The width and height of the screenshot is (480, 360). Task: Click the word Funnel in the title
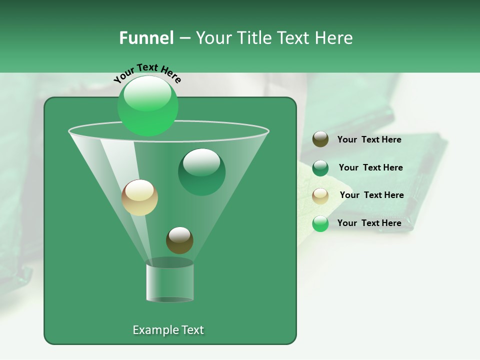(146, 38)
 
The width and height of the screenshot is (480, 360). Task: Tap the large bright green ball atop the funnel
(148, 105)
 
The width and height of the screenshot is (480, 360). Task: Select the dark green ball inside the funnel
(201, 171)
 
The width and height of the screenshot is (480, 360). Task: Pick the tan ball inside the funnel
(139, 197)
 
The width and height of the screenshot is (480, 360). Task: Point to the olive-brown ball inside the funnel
(179, 240)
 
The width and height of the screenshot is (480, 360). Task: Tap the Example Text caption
(168, 330)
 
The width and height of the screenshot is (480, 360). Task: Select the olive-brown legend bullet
(320, 139)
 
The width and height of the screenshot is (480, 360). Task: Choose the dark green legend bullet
(320, 167)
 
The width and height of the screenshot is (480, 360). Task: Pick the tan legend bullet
(320, 195)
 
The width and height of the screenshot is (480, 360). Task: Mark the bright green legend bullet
(320, 223)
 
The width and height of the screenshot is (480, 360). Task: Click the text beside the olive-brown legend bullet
(369, 139)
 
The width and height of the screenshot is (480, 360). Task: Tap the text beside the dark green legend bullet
(370, 167)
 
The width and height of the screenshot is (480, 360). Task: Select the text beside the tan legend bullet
(371, 195)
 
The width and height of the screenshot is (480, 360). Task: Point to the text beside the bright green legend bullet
(369, 223)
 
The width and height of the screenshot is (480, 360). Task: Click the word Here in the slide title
(335, 38)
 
